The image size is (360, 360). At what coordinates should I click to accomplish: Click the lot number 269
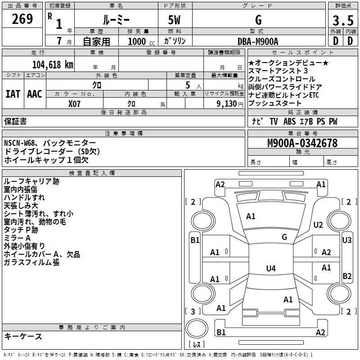[22, 19]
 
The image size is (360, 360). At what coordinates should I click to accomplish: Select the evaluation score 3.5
[342, 21]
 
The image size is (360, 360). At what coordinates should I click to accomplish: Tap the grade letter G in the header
[258, 20]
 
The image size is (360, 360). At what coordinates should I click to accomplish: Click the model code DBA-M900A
[258, 41]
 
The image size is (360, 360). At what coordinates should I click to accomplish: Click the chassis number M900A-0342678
[302, 144]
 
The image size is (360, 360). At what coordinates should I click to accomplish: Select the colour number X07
[75, 103]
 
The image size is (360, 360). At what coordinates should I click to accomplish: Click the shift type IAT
[13, 94]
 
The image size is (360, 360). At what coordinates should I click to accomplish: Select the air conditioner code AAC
[35, 94]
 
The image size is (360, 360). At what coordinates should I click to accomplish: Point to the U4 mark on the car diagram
[270, 269]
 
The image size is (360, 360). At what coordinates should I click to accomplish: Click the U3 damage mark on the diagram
[347, 240]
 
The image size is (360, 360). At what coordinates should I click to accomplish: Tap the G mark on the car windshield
[284, 237]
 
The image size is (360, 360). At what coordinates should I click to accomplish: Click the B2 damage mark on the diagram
[347, 276]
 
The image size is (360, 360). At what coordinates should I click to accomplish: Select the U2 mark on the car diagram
[318, 225]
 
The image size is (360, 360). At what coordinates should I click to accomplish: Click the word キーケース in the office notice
[23, 337]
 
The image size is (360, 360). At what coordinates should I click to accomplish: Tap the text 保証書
[15, 121]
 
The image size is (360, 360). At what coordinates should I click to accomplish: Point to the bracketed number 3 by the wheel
[193, 311]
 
